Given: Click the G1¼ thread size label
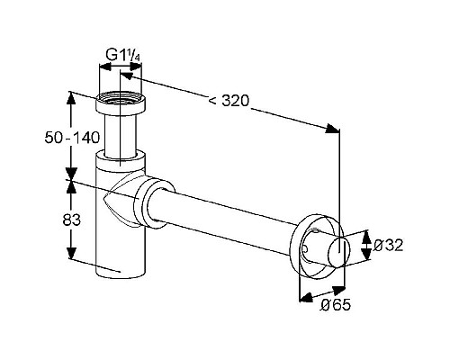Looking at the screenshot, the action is [x=123, y=55].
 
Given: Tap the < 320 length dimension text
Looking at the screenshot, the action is [x=229, y=101].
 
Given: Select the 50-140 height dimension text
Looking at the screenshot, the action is [x=72, y=138].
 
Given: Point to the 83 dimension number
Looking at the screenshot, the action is [x=72, y=220].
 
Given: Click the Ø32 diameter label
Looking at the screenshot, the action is [x=388, y=246].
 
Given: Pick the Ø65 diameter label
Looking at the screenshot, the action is [x=336, y=305].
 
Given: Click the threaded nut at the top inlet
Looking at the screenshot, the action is [x=121, y=103].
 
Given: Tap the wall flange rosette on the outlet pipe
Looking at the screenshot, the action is [x=312, y=246].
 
